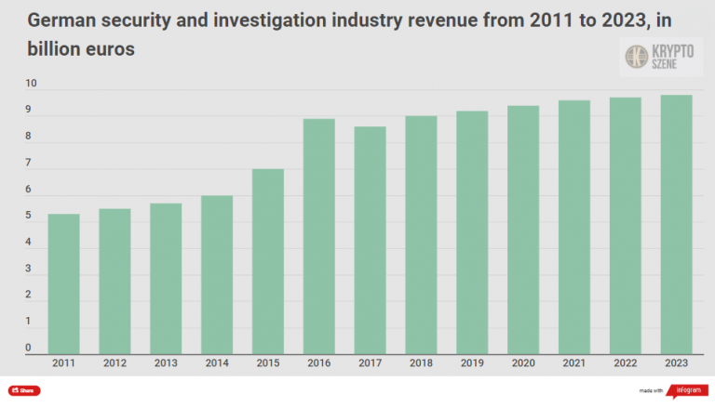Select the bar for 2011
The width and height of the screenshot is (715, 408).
pos(64,284)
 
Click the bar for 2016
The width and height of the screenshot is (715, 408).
pos(319,237)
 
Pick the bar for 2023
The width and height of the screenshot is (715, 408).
pos(676,225)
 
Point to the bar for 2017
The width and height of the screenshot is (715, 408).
pos(370,241)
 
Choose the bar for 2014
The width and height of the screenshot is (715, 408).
pos(217,275)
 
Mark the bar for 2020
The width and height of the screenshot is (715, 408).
pos(523,230)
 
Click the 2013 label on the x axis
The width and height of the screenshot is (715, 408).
pos(167,362)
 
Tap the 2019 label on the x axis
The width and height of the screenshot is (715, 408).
pos(472,362)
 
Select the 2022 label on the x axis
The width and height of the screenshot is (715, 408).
pos(625,362)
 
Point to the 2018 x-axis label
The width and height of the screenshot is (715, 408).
pos(421,362)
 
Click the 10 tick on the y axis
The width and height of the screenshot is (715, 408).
pos(31,85)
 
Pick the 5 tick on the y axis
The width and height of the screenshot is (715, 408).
pos(29,217)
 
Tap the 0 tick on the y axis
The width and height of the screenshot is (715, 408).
pos(29,349)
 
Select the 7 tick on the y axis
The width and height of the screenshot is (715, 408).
pos(29,164)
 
